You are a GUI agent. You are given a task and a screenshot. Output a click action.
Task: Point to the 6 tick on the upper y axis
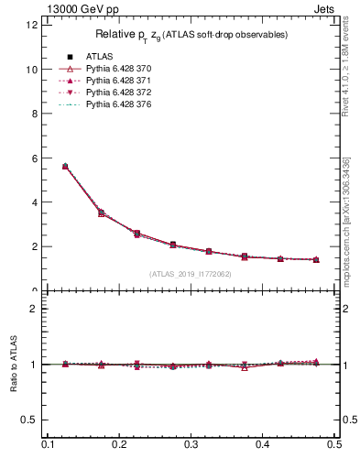click(35, 158)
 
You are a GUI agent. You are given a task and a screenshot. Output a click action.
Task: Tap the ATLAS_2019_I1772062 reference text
click(190, 274)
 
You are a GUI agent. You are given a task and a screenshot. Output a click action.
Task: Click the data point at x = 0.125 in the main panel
click(64, 167)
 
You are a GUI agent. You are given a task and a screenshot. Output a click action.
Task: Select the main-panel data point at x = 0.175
click(101, 213)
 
